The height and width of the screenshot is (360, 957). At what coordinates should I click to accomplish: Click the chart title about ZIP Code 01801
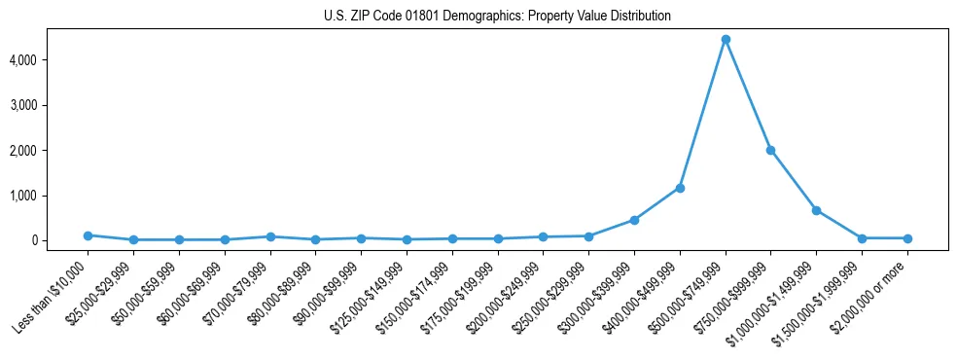pos(497,17)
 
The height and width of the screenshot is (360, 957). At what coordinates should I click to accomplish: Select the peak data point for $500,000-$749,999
pos(726,40)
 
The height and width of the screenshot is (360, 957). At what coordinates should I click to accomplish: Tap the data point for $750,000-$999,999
pos(770,150)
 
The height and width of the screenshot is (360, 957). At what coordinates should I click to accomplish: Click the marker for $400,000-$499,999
pos(680,188)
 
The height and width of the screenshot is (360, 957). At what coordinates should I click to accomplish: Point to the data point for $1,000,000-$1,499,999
pos(816,210)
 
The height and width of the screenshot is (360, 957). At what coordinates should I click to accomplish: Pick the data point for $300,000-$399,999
pos(634,220)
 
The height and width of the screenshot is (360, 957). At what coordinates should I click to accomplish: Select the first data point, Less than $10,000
pos(88,235)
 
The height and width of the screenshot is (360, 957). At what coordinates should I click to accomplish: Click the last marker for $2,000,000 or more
pos(907,238)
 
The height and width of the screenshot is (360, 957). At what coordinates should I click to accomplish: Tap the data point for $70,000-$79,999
pos(270,236)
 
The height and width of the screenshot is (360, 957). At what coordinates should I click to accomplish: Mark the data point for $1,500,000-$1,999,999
pos(862,238)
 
